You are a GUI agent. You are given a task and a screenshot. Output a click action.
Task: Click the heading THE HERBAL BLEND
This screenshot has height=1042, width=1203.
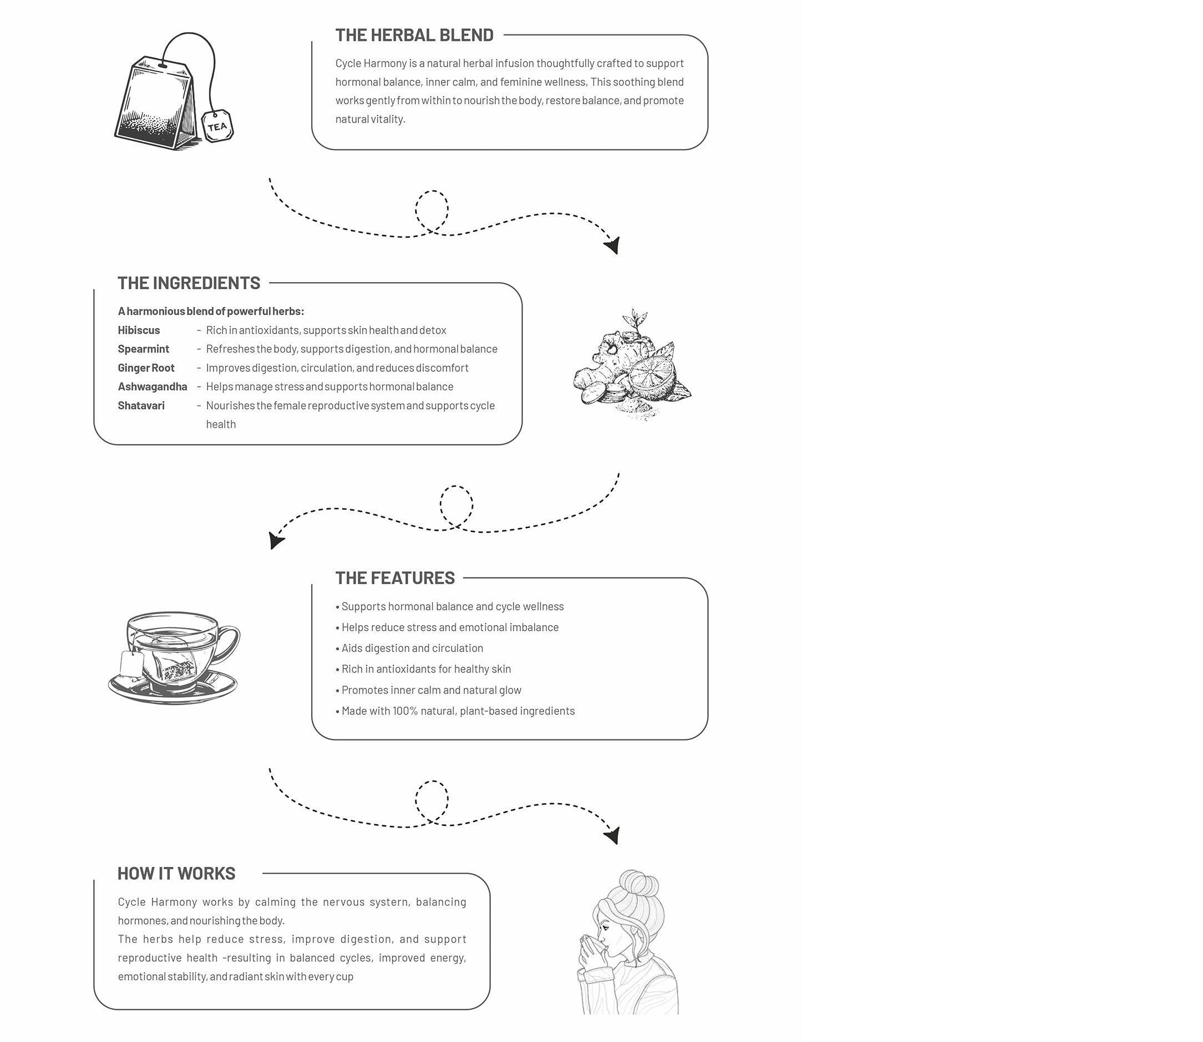pos(414,35)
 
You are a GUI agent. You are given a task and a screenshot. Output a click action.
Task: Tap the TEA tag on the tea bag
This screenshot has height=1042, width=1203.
pos(217,126)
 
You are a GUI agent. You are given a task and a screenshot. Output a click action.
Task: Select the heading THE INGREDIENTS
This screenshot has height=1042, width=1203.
pos(189,283)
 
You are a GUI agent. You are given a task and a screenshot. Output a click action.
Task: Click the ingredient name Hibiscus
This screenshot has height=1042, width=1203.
pos(139,330)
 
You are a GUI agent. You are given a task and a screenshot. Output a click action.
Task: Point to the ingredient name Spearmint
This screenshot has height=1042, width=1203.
pos(143,349)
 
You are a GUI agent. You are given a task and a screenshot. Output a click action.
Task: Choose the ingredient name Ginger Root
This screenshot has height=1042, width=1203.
pos(146,368)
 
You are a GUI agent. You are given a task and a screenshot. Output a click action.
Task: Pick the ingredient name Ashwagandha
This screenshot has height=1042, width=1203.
pos(153,387)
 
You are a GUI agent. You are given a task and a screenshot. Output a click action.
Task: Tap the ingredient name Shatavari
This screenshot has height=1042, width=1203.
pos(141,406)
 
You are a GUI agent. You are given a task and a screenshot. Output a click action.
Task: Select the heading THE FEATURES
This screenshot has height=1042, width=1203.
pos(395,578)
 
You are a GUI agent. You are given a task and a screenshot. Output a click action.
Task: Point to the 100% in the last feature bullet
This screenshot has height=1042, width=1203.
pos(405,711)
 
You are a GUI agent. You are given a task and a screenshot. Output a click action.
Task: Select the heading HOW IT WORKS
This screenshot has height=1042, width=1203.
pos(176,874)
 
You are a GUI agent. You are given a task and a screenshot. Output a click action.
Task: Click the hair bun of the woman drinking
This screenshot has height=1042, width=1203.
pos(638,884)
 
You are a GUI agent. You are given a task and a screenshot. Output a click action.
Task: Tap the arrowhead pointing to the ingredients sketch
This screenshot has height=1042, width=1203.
pos(613,246)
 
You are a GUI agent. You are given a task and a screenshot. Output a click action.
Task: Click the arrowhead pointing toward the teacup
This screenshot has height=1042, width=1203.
pos(275,541)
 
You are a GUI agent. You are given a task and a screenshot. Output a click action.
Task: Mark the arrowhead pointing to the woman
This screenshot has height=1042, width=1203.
pos(613,836)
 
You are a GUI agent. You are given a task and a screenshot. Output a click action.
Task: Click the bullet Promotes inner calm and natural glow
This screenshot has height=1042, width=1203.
pos(431,690)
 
